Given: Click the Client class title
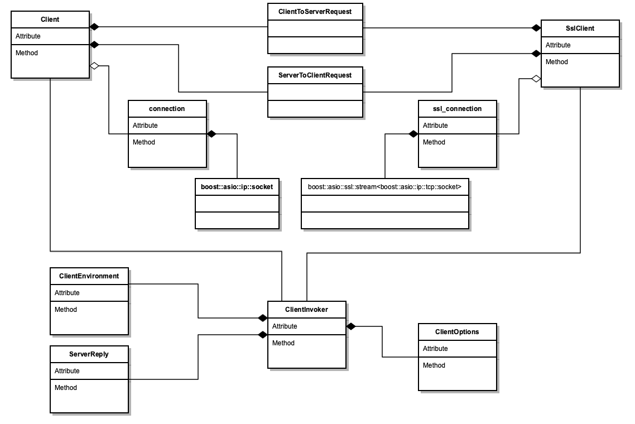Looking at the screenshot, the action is pos(50,20).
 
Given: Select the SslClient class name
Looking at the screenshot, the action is pos(580,28).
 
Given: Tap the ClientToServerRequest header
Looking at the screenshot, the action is pos(315,12).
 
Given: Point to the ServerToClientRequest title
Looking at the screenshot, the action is pos(315,75).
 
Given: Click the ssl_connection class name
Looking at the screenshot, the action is pos(457,109).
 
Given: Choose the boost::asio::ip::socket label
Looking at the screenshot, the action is pos(237,187).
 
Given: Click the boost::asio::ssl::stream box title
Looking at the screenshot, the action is pos(384,187).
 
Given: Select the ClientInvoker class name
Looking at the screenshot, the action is pos(306,310).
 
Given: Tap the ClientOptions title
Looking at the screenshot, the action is pos(457,331).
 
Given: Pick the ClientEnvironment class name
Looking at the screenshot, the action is pos(89,276).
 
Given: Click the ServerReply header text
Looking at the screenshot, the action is pos(89,354).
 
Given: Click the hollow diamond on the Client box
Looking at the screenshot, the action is pos(94,66).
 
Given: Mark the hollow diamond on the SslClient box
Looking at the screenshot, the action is pos(536,79).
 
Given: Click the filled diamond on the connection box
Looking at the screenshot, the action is pos(211,134).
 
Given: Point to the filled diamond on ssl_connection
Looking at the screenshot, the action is pos(413,134).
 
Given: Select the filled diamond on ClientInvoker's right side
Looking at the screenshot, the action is pos(351,326).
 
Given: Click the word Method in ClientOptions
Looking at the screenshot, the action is pos(434,365).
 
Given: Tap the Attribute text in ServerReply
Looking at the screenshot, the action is pos(67,371).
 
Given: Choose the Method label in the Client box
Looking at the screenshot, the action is pos(27,53).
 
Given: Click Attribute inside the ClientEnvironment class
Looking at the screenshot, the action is pos(67,293).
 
